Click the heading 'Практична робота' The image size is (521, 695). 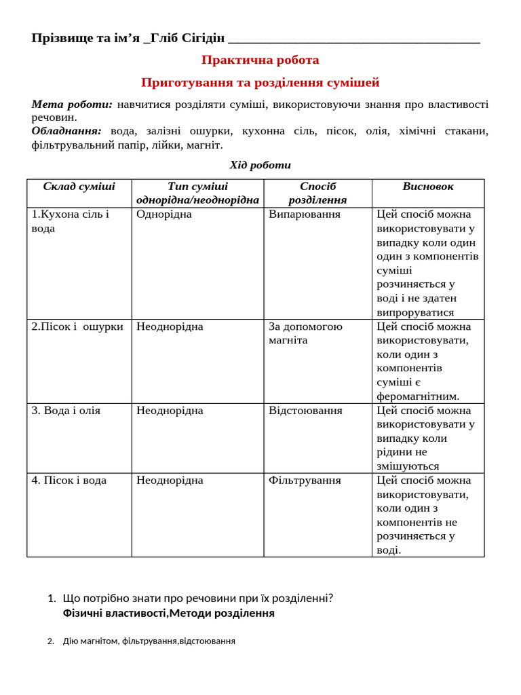click(x=260, y=60)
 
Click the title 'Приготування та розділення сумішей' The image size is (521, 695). click(x=260, y=83)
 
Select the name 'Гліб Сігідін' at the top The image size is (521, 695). click(x=187, y=38)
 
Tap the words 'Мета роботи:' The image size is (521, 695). click(x=71, y=105)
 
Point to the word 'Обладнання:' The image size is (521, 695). click(x=66, y=131)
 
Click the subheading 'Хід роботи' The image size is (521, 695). click(x=260, y=165)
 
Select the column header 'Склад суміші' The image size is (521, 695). click(x=79, y=187)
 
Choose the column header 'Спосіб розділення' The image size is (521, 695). click(x=317, y=193)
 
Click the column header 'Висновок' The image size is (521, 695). click(x=427, y=187)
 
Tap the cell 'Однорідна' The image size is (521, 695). click(x=164, y=214)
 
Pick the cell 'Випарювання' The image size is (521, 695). click(x=305, y=214)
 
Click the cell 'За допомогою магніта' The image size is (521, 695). click(x=305, y=333)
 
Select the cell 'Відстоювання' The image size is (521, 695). click(x=305, y=411)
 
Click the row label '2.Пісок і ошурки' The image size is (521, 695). click(x=77, y=326)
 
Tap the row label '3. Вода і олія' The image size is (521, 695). click(x=66, y=411)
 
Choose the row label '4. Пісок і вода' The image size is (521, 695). click(x=69, y=481)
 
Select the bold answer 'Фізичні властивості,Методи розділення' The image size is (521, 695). click(x=168, y=614)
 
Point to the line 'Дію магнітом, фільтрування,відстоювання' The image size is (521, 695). click(x=149, y=641)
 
